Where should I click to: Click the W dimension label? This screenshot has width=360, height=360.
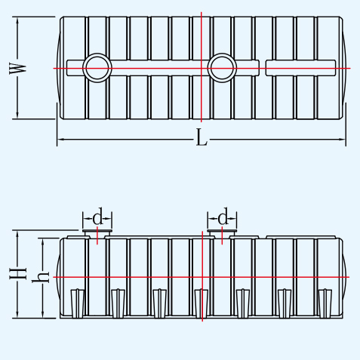tap(17, 69)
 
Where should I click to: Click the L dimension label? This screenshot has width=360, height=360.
tap(202, 137)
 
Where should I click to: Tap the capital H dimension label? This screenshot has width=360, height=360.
tap(18, 273)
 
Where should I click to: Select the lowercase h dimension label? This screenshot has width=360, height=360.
tap(40, 277)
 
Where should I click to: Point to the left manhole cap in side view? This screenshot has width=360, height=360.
tap(97, 231)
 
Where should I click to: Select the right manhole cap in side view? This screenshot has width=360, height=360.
tap(222, 231)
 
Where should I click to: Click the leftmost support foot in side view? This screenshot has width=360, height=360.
tap(77, 303)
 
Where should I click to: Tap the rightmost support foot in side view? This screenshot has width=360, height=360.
tap(325, 303)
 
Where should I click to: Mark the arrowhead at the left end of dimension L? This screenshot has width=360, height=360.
tap(60, 139)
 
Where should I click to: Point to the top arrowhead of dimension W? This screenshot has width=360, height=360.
tap(17, 20)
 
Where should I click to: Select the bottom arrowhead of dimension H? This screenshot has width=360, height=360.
tap(17, 314)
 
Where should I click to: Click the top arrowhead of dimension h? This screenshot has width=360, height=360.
tap(43, 242)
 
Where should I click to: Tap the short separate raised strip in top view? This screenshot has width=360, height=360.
tap(300, 68)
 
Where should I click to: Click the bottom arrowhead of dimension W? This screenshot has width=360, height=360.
tap(17, 115)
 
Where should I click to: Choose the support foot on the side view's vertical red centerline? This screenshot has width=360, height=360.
tap(202, 303)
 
